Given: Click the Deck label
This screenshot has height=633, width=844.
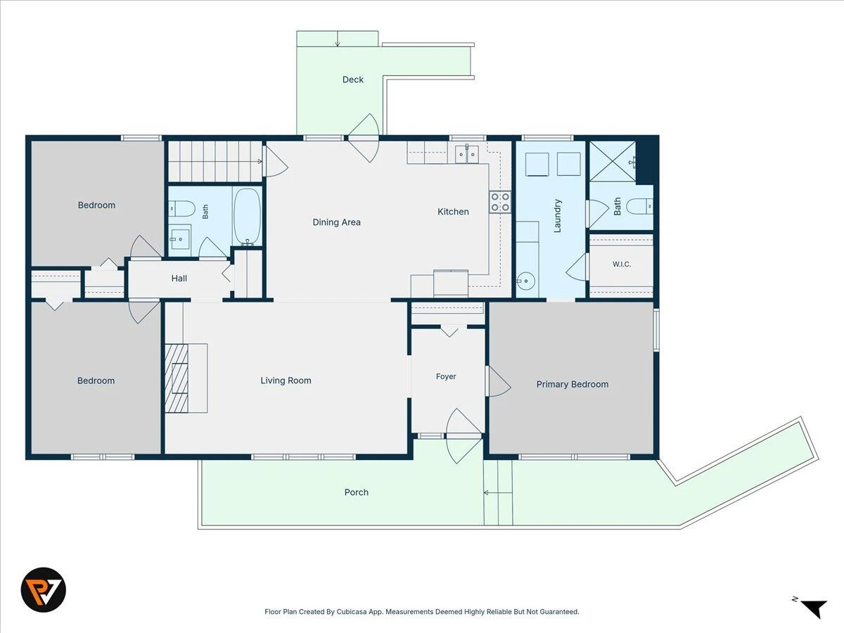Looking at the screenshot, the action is (x=353, y=79).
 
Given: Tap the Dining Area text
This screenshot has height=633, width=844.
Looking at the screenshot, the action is (x=336, y=222).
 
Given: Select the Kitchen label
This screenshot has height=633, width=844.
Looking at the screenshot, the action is (x=453, y=212).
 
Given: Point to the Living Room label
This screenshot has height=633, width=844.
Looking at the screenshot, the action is (x=286, y=381).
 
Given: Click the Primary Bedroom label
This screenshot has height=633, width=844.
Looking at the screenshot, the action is (x=572, y=384).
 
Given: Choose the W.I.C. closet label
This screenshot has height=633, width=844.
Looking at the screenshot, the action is (x=621, y=264).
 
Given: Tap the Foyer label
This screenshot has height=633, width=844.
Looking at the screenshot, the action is (x=446, y=377).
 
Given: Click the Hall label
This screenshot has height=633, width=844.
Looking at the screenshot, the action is (x=179, y=279).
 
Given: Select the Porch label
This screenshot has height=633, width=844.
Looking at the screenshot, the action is (x=356, y=492).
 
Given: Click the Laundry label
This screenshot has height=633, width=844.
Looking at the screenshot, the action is (x=557, y=216).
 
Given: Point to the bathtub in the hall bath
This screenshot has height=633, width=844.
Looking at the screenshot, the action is (x=248, y=217).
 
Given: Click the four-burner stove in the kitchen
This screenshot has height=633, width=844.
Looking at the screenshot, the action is (x=500, y=202).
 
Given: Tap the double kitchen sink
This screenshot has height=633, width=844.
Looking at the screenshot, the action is (x=467, y=155).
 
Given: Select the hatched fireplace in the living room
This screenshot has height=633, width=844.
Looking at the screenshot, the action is (x=177, y=378).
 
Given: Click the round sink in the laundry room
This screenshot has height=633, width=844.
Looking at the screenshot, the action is (x=525, y=281).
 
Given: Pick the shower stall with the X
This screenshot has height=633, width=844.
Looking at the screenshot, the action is (x=613, y=161).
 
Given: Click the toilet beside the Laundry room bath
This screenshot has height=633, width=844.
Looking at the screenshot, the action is (x=639, y=206).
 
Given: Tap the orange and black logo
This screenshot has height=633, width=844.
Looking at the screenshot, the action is (x=44, y=589).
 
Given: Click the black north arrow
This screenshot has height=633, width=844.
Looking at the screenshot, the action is (x=817, y=608).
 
